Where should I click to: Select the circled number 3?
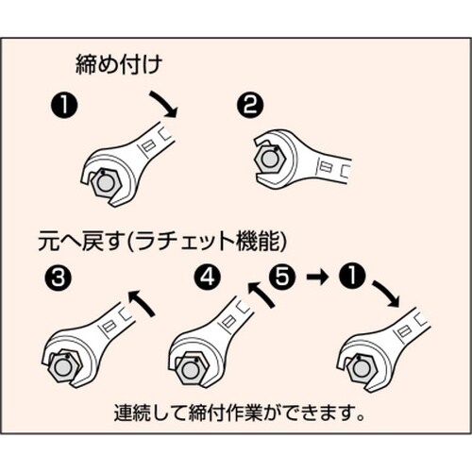[55, 278]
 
